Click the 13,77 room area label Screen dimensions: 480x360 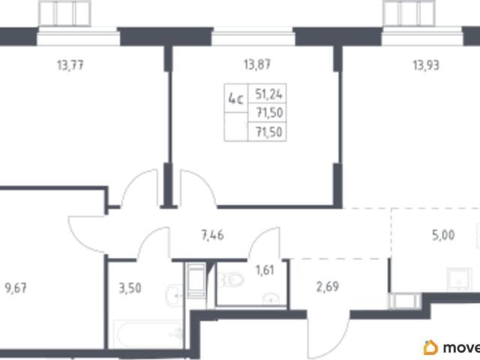[x=70, y=65]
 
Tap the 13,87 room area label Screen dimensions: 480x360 [x=257, y=65]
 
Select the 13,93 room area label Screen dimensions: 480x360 [x=426, y=65]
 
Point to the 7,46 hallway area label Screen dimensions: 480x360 [x=213, y=235]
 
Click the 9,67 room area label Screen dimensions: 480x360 [x=16, y=288]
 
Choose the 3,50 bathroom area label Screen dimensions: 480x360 [x=130, y=288]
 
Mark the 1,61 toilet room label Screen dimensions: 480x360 [x=265, y=270]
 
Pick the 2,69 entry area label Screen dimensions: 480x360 [x=328, y=286]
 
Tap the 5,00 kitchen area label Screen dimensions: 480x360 [x=443, y=235]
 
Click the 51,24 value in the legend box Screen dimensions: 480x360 [x=268, y=94]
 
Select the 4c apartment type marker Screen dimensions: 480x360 [x=236, y=100]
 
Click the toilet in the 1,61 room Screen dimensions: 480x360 [x=233, y=280]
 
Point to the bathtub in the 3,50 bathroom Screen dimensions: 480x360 [x=148, y=334]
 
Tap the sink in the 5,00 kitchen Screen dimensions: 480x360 [x=459, y=279]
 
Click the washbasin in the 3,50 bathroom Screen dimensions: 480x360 [x=175, y=295]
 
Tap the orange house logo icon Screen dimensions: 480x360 [x=430, y=347]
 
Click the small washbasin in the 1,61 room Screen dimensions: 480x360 [x=271, y=299]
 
